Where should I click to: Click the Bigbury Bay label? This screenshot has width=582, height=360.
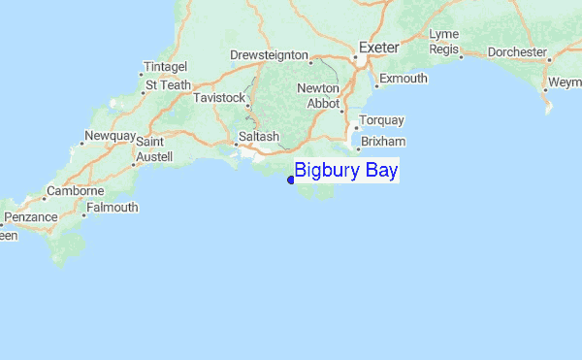(x=346, y=171)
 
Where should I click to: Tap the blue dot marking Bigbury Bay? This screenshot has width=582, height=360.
(x=291, y=179)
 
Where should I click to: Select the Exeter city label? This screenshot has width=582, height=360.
(x=378, y=47)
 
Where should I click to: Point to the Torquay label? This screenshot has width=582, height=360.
(x=381, y=120)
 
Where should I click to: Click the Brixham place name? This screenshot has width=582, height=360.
(x=381, y=141)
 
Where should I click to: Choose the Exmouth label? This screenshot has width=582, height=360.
(x=403, y=78)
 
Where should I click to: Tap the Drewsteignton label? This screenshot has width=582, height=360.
(x=269, y=55)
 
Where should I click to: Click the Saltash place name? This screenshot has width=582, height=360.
(x=258, y=137)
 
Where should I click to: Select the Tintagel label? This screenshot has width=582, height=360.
(x=163, y=66)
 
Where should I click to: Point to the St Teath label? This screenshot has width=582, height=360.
(x=168, y=84)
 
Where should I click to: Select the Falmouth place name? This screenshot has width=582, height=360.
(x=113, y=207)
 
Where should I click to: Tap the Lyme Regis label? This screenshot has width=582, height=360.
(x=443, y=41)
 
